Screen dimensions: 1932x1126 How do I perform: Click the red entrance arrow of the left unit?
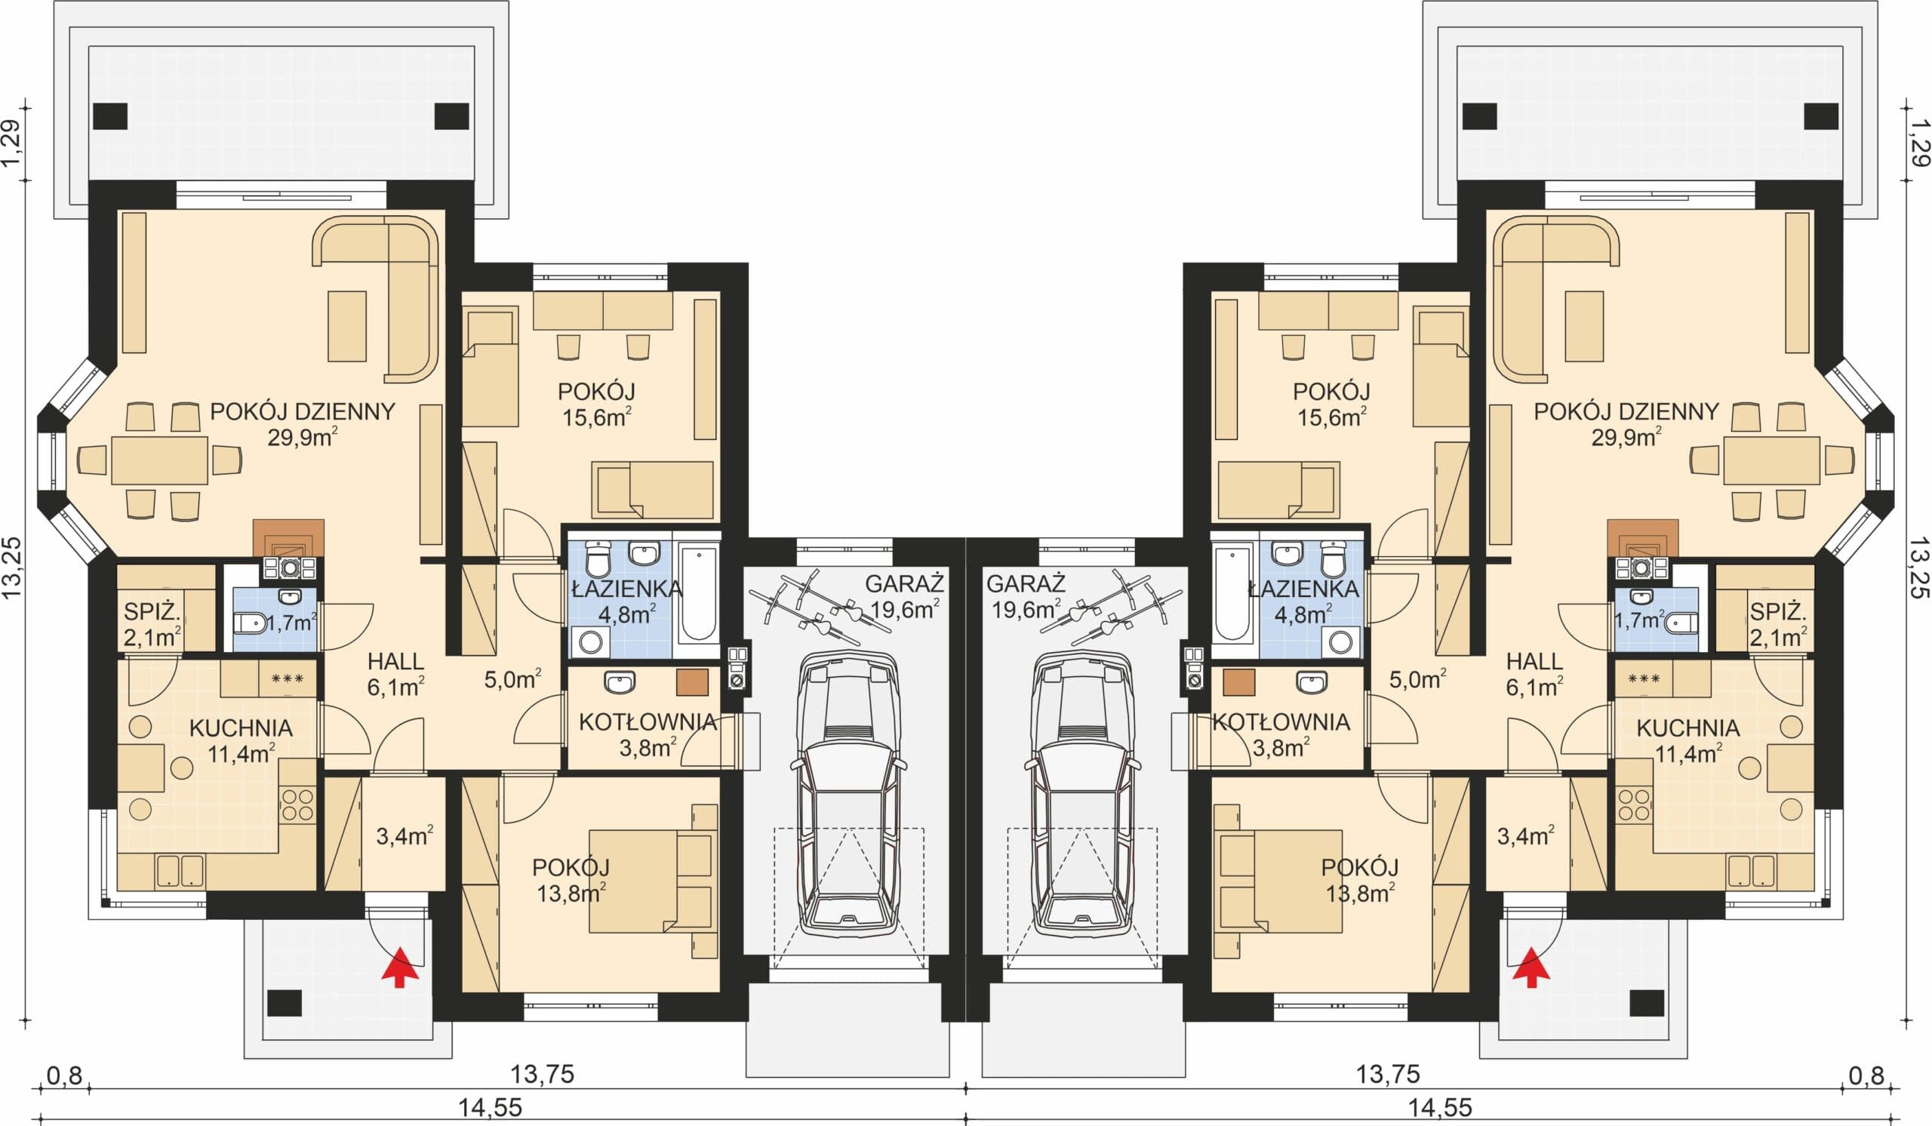[400, 968]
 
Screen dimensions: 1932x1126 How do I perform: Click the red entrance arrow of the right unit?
[1531, 968]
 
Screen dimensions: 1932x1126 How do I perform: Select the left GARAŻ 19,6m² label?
[905, 596]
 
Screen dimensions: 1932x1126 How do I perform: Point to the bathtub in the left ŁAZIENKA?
[697, 594]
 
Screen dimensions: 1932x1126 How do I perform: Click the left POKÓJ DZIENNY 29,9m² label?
[303, 424]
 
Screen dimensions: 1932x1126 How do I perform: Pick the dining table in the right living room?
[1772, 460]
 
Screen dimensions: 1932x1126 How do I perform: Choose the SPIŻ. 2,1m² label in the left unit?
[152, 625]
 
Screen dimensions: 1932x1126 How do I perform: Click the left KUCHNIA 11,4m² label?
[241, 740]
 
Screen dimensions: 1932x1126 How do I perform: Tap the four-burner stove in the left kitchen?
[297, 804]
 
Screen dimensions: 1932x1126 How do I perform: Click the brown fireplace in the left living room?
[288, 537]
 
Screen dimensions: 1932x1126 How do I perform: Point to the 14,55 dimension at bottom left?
[491, 1107]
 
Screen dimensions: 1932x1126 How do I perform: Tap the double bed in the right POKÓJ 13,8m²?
[1278, 881]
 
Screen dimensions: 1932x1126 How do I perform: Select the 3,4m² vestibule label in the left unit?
[405, 835]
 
